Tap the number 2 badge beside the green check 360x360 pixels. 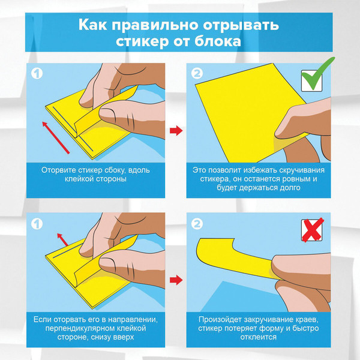click(x=197, y=75)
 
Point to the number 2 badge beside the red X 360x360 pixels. click(x=197, y=225)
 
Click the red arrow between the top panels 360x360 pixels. click(x=176, y=130)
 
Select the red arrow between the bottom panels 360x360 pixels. click(x=176, y=280)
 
